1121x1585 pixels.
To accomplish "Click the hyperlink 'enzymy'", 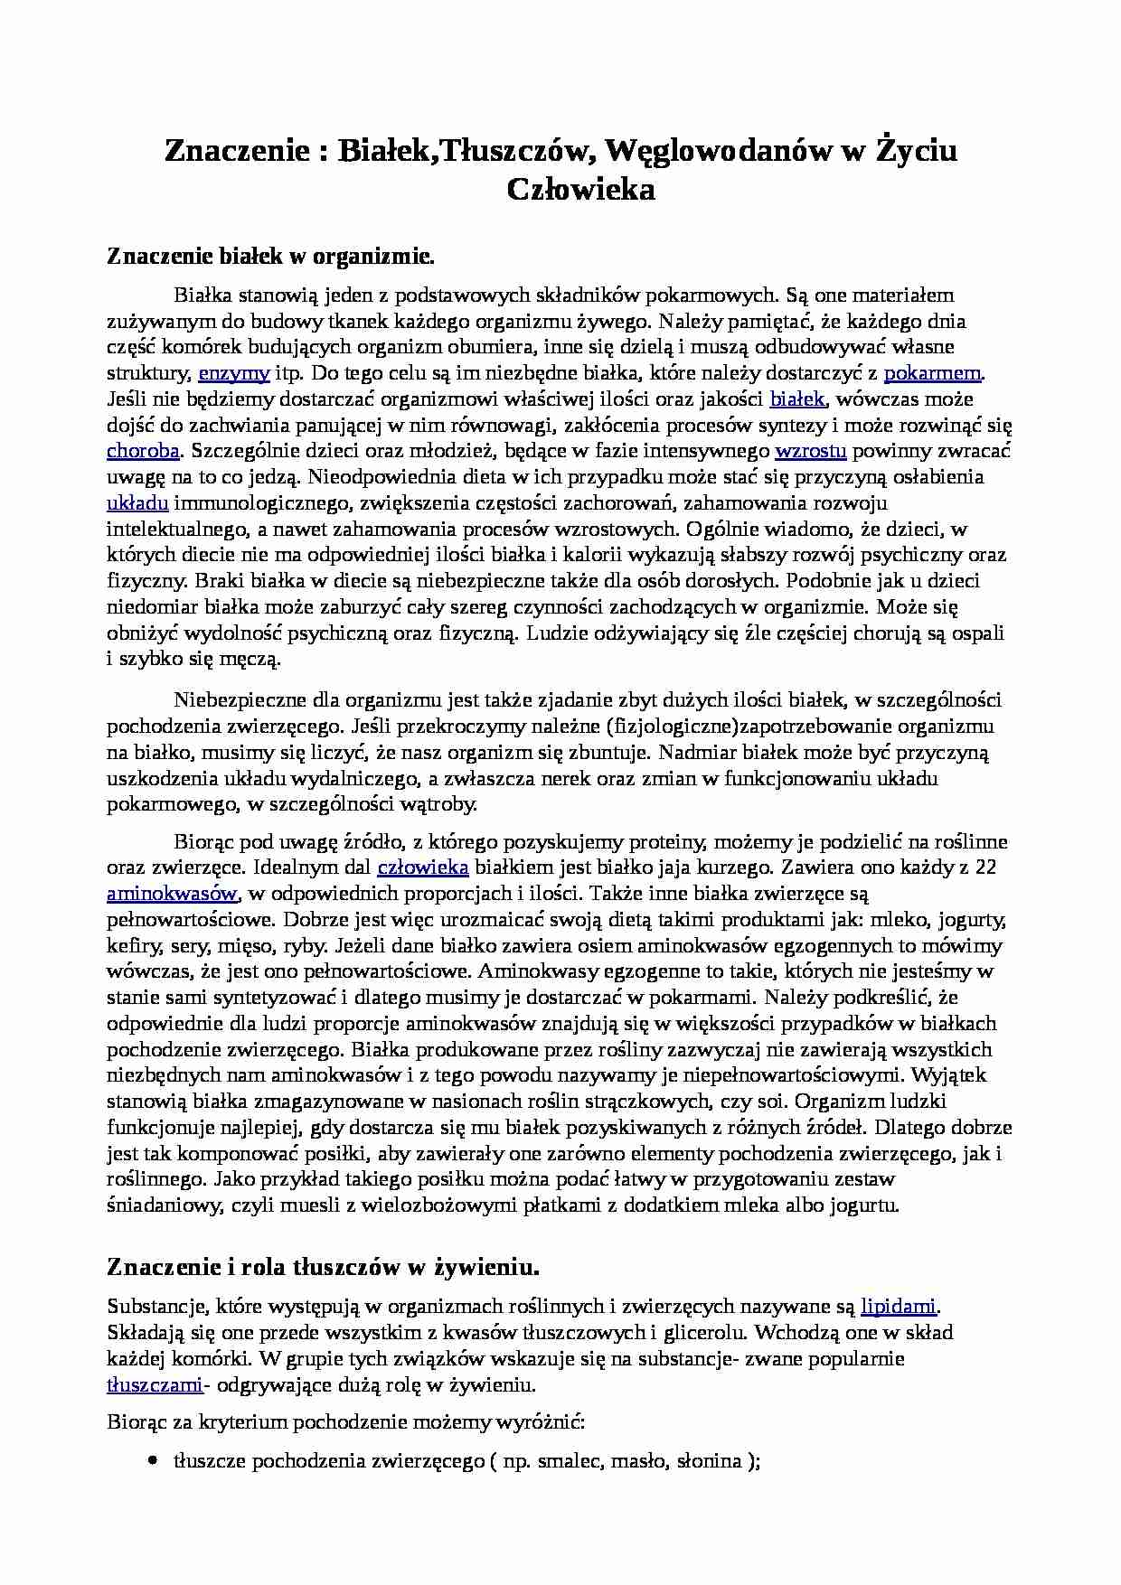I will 234,373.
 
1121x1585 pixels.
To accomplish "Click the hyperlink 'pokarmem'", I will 932,373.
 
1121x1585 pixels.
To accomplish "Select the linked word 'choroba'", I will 143,451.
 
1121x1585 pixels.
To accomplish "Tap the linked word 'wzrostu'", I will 811,451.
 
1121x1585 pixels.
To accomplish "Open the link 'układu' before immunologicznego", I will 137,503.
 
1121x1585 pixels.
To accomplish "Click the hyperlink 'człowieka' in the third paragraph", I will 422,868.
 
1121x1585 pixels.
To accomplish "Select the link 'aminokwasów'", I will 172,894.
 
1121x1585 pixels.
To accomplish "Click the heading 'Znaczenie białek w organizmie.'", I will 271,257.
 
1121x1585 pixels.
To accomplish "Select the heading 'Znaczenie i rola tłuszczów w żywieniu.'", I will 323,1268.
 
